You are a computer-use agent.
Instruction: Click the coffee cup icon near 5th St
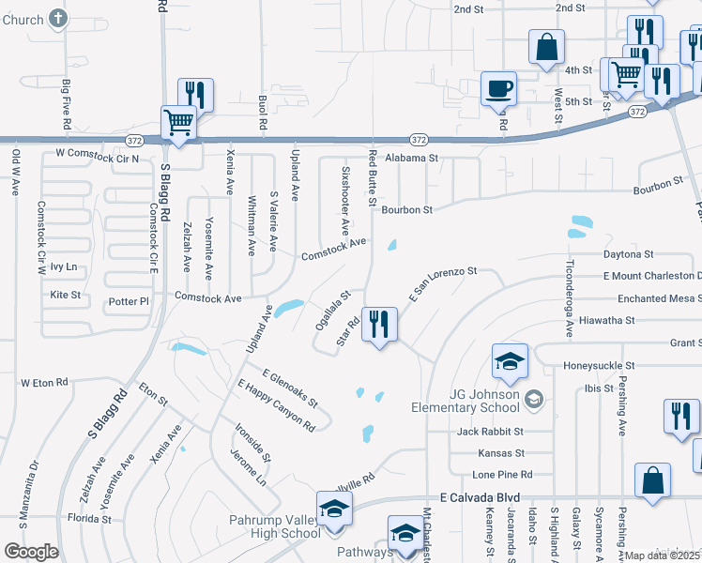(x=498, y=88)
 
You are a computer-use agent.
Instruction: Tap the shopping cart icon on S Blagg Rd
(x=177, y=122)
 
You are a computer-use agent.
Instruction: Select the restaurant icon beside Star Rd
(x=379, y=326)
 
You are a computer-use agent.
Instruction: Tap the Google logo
(x=31, y=552)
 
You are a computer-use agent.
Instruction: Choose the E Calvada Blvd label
(x=480, y=497)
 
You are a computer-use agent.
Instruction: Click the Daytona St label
(x=628, y=254)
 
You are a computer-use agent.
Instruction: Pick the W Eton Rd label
(x=45, y=383)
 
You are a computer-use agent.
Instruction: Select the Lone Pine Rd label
(x=502, y=475)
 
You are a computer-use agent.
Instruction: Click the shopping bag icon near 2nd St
(x=546, y=47)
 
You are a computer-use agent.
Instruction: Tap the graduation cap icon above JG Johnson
(x=509, y=361)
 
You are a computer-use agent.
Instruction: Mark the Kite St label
(x=65, y=295)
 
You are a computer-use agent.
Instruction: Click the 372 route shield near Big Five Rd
(x=133, y=139)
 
